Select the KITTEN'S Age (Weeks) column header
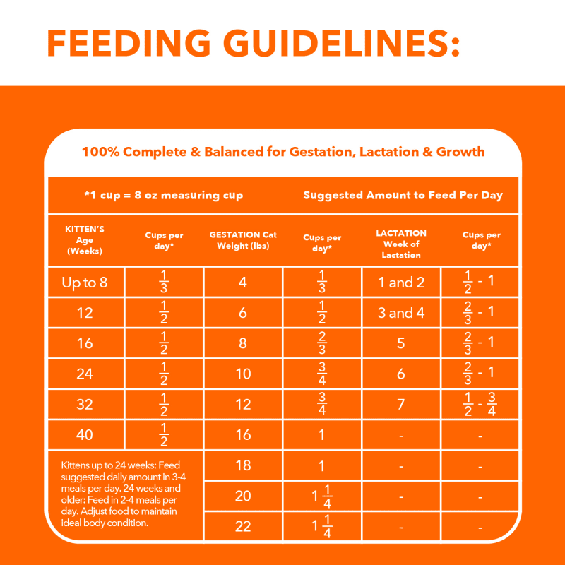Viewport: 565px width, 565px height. click(85, 240)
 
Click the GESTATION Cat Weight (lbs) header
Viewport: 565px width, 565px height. click(243, 240)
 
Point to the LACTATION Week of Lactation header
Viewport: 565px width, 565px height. click(401, 244)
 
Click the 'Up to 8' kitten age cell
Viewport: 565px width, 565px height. click(85, 282)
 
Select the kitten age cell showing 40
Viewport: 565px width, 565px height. click(85, 434)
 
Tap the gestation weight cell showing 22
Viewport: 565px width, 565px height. click(243, 526)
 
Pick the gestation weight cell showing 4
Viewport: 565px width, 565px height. click(243, 282)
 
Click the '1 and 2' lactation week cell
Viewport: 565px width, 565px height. click(401, 282)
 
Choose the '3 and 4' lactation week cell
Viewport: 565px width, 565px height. click(401, 313)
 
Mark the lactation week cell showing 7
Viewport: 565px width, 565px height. click(401, 404)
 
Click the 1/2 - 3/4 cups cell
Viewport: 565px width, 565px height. click(480, 404)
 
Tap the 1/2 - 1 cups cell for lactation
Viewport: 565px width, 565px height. click(480, 282)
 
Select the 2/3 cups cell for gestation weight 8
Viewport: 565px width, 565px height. click(322, 343)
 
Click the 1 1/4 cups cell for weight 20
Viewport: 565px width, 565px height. click(322, 496)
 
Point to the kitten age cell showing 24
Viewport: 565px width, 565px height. click(85, 374)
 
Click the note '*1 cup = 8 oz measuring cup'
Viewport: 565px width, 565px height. click(163, 195)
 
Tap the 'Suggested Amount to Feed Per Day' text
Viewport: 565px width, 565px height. click(403, 195)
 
